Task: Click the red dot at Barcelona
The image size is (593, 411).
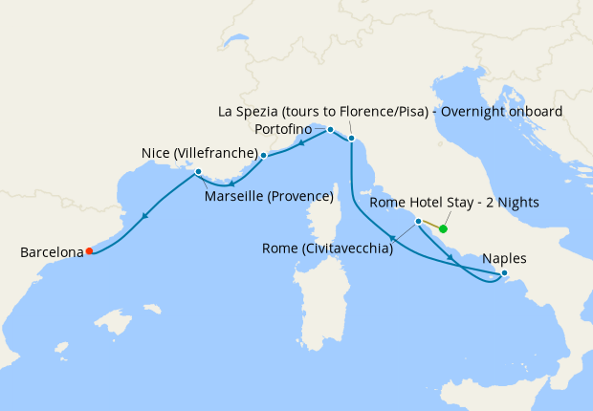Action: pyautogui.click(x=89, y=251)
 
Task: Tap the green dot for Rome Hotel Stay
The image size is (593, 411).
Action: pyautogui.click(x=443, y=228)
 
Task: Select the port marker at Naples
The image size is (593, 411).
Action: pyautogui.click(x=505, y=274)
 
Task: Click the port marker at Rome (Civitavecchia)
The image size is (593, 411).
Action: pyautogui.click(x=418, y=221)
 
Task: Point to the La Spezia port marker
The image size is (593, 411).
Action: pyautogui.click(x=351, y=140)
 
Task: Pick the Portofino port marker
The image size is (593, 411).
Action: pyautogui.click(x=330, y=129)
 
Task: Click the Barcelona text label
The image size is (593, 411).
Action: pyautogui.click(x=51, y=252)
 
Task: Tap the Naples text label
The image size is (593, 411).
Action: pyautogui.click(x=504, y=258)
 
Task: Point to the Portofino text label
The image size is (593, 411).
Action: pyautogui.click(x=283, y=128)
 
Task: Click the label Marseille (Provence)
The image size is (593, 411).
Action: pyautogui.click(x=269, y=197)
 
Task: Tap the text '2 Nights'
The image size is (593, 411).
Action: pyautogui.click(x=511, y=202)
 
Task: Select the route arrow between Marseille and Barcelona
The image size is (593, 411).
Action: pyautogui.click(x=143, y=216)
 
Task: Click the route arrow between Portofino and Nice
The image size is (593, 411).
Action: pyautogui.click(x=301, y=144)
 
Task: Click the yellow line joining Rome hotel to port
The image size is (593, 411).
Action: pyautogui.click(x=430, y=225)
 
